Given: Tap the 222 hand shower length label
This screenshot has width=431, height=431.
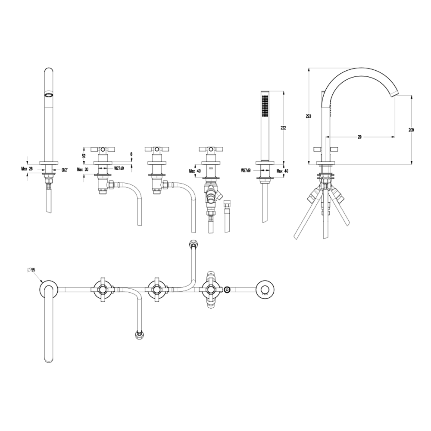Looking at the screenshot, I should [284, 128].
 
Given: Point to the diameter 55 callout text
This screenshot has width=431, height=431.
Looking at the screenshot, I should [31, 269].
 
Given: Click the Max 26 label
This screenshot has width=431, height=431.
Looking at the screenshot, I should [27, 169].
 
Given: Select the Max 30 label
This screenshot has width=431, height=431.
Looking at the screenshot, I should [82, 169].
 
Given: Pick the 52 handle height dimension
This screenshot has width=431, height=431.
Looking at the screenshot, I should [83, 155].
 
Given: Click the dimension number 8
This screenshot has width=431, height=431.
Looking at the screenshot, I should [131, 154].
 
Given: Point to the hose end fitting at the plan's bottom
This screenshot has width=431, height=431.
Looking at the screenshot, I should [139, 334].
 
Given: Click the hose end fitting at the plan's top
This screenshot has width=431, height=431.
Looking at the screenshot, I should [192, 245].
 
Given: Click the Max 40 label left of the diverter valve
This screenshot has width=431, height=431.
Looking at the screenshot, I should [194, 171].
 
